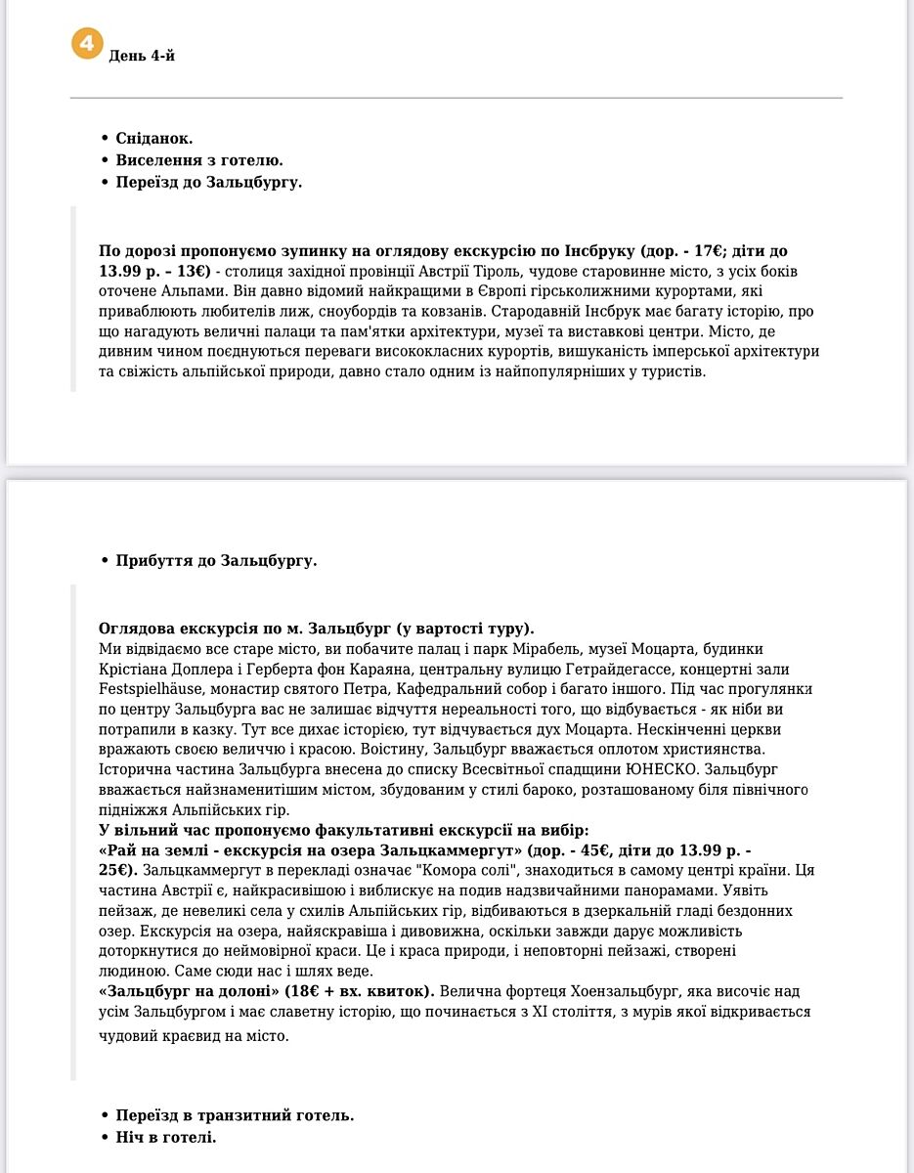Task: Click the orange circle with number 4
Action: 87,45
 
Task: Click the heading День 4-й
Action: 142,56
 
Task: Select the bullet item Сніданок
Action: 153,138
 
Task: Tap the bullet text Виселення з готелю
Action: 199,160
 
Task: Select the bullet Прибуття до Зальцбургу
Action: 216,561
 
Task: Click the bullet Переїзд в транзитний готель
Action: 235,1115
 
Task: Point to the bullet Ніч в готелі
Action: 165,1138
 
